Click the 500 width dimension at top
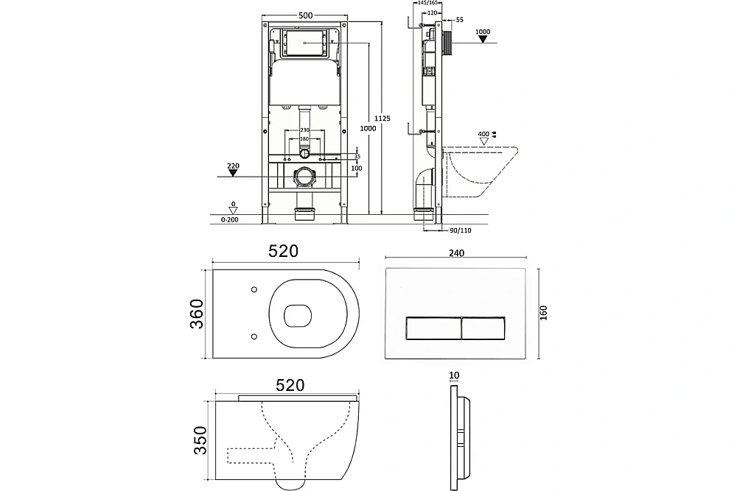coord(306,15)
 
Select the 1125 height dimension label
coord(382,119)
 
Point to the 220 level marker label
coord(233,166)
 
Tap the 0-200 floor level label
coord(230,219)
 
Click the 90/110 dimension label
coord(461,230)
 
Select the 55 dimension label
coord(460,20)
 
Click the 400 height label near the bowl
coord(483,134)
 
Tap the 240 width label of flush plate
coord(456,253)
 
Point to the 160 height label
coord(544,313)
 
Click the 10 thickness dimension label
coord(454,375)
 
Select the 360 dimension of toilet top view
coord(197,314)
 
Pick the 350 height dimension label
coord(200,440)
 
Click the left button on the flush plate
coord(433,328)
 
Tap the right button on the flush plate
coord(483,328)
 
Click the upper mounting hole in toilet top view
coord(254,289)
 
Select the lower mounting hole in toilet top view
coord(254,336)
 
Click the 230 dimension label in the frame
coord(304,130)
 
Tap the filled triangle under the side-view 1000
coord(483,39)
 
